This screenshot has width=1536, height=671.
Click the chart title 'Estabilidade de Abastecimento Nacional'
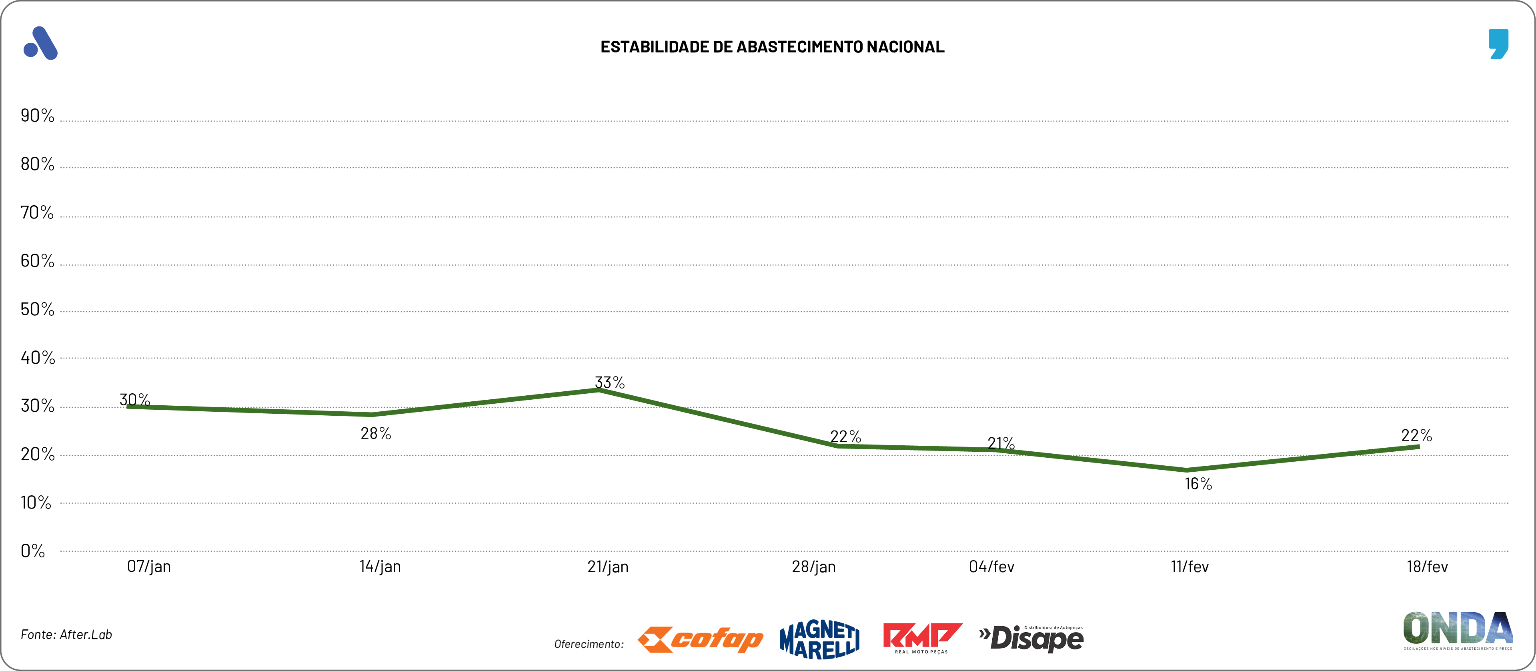point(772,47)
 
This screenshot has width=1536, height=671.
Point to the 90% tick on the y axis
point(37,116)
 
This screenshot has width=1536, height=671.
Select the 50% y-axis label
point(37,310)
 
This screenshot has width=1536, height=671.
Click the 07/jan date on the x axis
point(148,567)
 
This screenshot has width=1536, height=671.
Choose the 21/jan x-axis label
point(608,567)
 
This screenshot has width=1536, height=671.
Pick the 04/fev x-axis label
point(991,567)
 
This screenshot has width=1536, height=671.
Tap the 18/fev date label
point(1427,567)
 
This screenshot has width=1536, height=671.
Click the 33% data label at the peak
point(609,383)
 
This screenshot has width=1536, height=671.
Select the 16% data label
point(1198,484)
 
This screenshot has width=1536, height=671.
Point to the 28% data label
point(376,434)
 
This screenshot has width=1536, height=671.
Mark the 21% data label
point(1001,443)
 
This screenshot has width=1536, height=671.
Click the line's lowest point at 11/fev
point(1187,470)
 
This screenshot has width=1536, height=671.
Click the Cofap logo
point(700,639)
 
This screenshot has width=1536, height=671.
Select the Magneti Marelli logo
point(820,639)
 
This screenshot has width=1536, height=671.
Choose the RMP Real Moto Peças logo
point(922,638)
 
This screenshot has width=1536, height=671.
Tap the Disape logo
point(1031,638)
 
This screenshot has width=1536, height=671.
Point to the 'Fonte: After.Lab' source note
point(66,635)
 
